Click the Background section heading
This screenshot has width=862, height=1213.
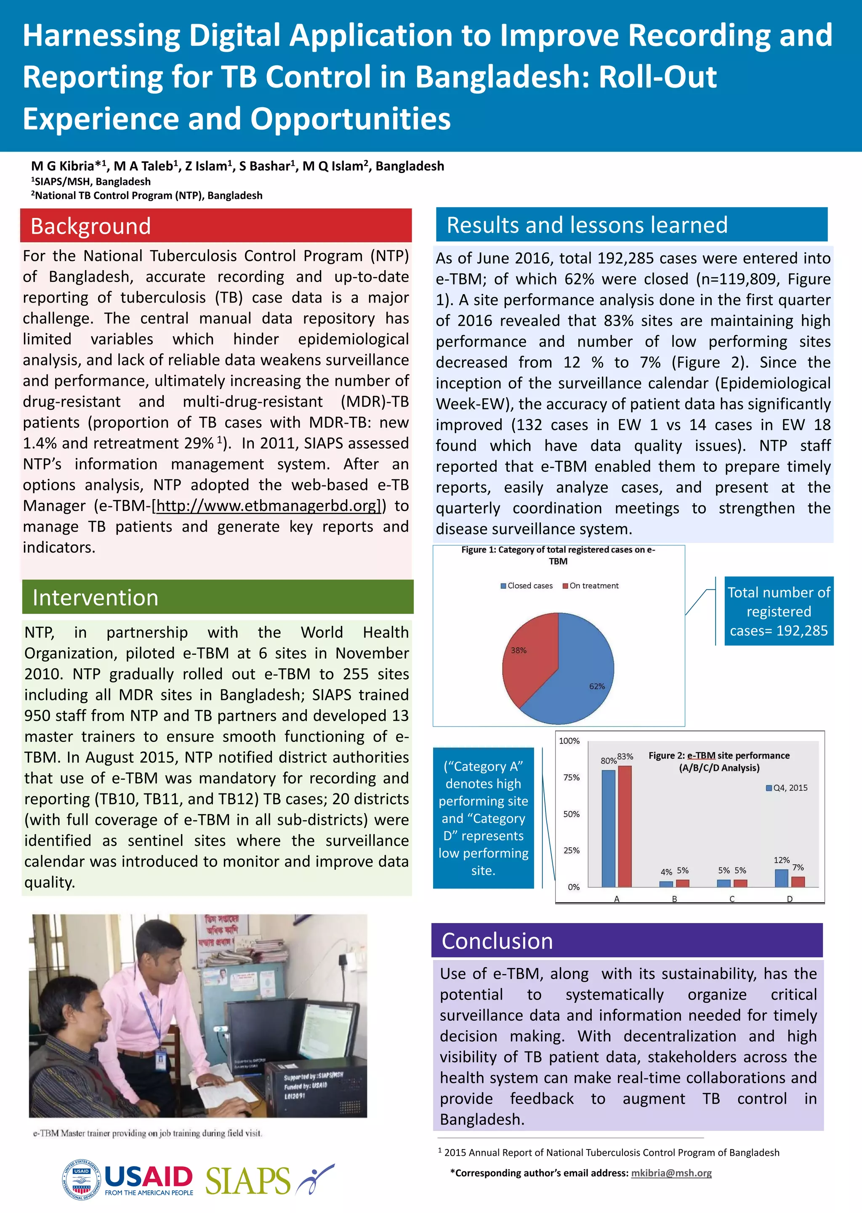coord(91,226)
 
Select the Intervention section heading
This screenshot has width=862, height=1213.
coord(96,598)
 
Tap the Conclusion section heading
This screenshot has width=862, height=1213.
coord(498,941)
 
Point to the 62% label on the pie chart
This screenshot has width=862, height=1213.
coord(596,686)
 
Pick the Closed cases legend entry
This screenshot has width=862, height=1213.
coord(527,586)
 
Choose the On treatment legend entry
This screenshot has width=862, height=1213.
coord(591,586)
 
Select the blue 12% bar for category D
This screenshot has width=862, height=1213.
coord(781,878)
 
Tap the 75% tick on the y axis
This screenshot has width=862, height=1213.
coord(572,777)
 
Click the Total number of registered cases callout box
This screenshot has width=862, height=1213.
coord(779,611)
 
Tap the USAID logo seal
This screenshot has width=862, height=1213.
coord(82,1179)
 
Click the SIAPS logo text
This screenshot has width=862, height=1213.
coord(247,1181)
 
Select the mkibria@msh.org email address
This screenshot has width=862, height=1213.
coord(671,1173)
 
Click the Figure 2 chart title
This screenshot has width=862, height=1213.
coord(719,761)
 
